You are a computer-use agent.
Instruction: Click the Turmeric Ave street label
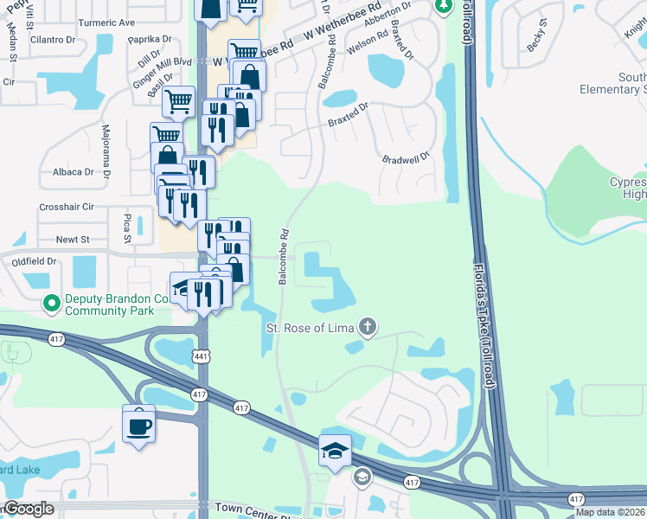(107, 22)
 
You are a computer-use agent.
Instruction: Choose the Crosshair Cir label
(66, 208)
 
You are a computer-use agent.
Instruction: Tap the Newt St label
(73, 240)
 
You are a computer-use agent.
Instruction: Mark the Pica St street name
(126, 227)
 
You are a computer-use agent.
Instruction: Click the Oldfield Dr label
(33, 260)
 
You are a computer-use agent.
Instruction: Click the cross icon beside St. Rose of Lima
(368, 327)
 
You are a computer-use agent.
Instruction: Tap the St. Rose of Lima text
(310, 328)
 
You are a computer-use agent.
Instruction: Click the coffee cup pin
(139, 426)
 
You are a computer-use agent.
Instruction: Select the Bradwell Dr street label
(406, 160)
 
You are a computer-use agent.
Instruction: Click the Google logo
(29, 509)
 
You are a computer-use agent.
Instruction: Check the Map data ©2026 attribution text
(610, 512)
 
